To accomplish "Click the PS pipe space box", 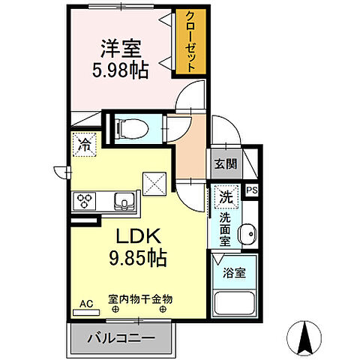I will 253,190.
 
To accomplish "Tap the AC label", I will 86,304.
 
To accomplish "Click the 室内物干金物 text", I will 140,298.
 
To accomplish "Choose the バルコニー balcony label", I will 124,339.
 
